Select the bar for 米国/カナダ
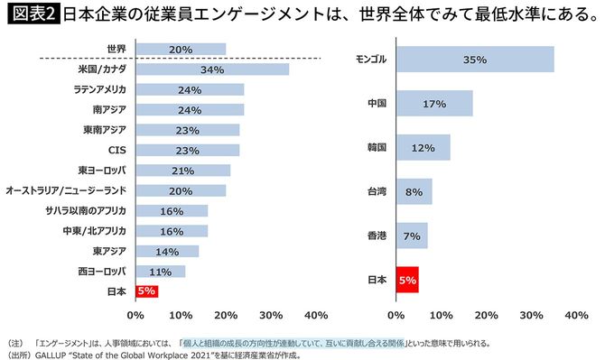pyautogui.click(x=212, y=69)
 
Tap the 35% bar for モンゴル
pyautogui.click(x=474, y=60)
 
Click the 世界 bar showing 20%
pyautogui.click(x=181, y=49)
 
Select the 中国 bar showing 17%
pyautogui.click(x=433, y=104)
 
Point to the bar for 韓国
pyautogui.click(x=423, y=147)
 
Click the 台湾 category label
pyautogui.click(x=377, y=191)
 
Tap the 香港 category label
pyautogui.click(x=377, y=235)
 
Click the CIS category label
pyautogui.click(x=116, y=150)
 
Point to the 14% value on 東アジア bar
pyautogui.click(x=166, y=251)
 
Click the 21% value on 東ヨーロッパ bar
pyautogui.click(x=181, y=171)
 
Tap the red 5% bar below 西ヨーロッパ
pyautogui.click(x=146, y=291)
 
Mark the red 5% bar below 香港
pyautogui.click(x=406, y=280)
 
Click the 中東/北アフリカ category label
pyautogui.click(x=91, y=231)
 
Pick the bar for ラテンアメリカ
pyautogui.click(x=190, y=89)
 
